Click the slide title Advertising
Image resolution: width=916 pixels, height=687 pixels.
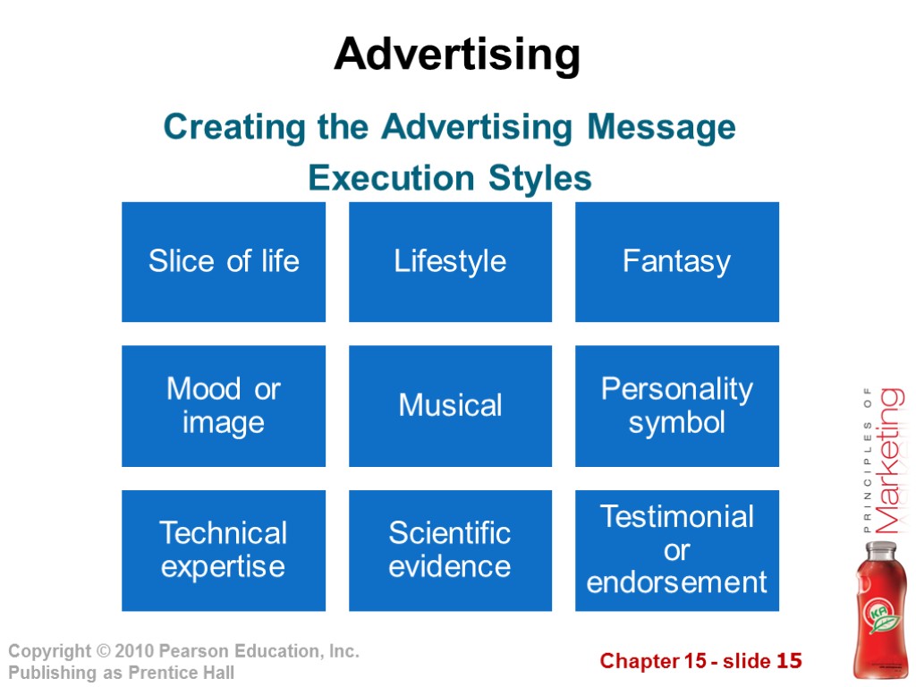click(x=457, y=55)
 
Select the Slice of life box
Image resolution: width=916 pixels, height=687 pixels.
click(x=224, y=261)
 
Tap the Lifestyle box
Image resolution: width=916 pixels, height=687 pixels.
click(x=450, y=261)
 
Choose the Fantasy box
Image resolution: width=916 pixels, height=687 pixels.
click(x=676, y=261)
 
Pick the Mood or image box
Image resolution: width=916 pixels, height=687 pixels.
click(x=224, y=405)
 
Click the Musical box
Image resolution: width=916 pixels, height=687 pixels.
click(x=450, y=405)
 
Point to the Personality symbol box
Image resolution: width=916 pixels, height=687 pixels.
click(x=676, y=405)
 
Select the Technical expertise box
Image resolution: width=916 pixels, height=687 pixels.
click(x=224, y=550)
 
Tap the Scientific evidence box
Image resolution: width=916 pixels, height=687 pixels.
click(x=450, y=550)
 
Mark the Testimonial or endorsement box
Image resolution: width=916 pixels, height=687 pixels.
click(x=676, y=550)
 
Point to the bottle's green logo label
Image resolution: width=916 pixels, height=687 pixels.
click(x=880, y=618)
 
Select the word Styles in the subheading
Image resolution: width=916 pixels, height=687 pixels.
click(x=540, y=179)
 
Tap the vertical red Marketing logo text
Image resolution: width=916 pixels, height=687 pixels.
click(x=888, y=460)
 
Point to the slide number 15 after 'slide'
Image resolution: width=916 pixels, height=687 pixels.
click(x=789, y=662)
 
